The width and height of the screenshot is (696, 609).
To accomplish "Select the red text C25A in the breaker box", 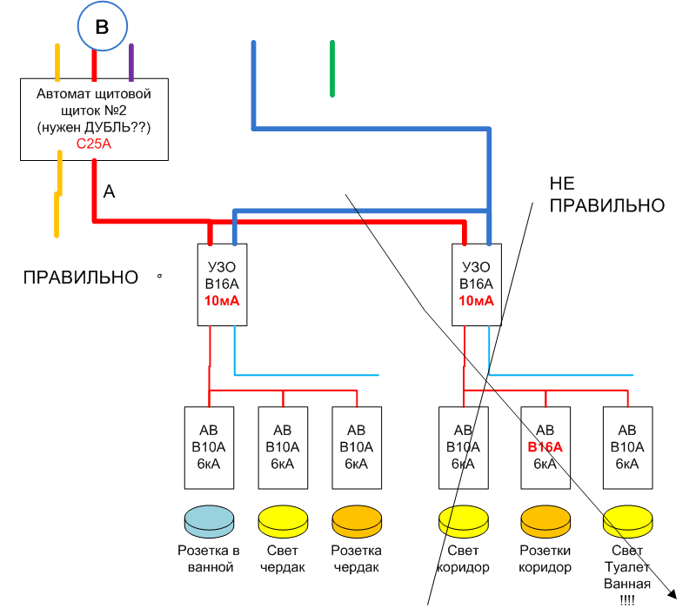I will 94,144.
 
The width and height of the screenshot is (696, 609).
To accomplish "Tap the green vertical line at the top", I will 331,68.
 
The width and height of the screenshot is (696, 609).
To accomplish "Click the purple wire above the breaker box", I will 131,62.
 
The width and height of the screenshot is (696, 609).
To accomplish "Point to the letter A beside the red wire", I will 109,191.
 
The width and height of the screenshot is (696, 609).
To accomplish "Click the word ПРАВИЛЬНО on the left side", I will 80,278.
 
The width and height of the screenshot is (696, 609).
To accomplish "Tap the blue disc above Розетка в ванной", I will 209,522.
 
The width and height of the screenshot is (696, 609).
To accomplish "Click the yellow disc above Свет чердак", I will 283,522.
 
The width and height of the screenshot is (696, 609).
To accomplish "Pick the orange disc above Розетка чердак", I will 357,522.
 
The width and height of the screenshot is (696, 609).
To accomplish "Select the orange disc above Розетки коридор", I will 545,522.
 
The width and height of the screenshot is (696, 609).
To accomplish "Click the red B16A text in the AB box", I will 545,447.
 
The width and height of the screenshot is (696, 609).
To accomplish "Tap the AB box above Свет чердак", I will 283,447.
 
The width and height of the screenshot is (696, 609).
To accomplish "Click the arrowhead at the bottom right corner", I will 673,594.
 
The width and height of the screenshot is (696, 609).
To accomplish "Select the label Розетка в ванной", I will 209,559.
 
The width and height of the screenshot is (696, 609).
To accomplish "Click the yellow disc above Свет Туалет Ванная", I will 627,522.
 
